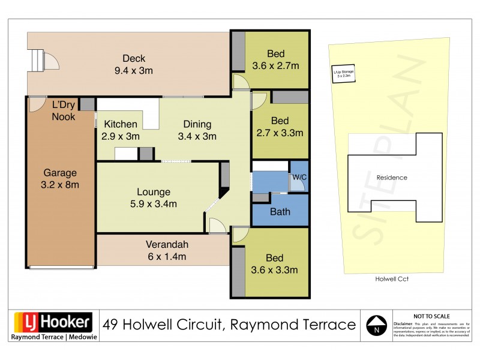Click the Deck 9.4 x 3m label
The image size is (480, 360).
[x=134, y=64]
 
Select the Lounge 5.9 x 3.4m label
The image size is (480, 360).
[x=154, y=198]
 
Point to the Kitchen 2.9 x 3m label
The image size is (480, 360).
[x=121, y=130]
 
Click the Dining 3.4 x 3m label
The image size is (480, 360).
[x=197, y=130]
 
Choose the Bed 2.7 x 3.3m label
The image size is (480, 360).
[x=280, y=126]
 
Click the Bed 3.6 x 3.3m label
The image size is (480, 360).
[x=274, y=264]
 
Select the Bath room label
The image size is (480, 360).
[x=280, y=211]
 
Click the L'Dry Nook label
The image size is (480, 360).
[x=64, y=110]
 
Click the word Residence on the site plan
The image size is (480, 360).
[x=391, y=178]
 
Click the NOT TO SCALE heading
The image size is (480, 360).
[x=431, y=316]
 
